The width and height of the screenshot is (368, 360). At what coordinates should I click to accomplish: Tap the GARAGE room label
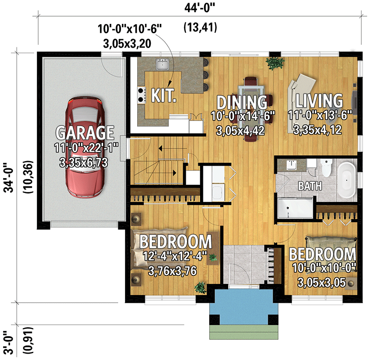[x=85, y=133]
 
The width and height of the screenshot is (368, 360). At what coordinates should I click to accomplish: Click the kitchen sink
[x=162, y=65]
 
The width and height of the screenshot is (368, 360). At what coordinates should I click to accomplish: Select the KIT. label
[x=163, y=95]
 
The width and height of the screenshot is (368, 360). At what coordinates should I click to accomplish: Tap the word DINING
[x=242, y=102]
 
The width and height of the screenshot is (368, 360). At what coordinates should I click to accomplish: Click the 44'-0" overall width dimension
[x=201, y=8]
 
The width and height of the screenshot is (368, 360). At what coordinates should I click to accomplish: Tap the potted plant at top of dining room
[x=273, y=63]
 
